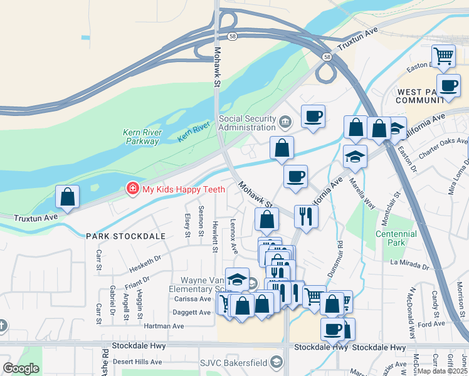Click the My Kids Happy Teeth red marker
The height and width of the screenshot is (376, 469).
[132, 188]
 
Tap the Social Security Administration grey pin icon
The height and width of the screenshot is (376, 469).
[285, 120]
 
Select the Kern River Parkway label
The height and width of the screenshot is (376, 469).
[142, 137]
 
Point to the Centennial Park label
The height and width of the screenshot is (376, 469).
[396, 238]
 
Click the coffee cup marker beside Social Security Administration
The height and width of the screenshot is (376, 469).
[313, 116]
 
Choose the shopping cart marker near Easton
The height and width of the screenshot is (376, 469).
[443, 56]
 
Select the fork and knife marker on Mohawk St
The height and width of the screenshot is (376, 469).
[306, 217]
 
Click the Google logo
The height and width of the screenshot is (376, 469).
[21, 368]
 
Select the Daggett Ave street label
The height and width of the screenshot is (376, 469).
[192, 312]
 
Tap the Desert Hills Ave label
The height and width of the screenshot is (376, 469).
[135, 362]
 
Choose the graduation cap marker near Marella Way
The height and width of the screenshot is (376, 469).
[355, 157]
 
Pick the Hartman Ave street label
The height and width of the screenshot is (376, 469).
[164, 326]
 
